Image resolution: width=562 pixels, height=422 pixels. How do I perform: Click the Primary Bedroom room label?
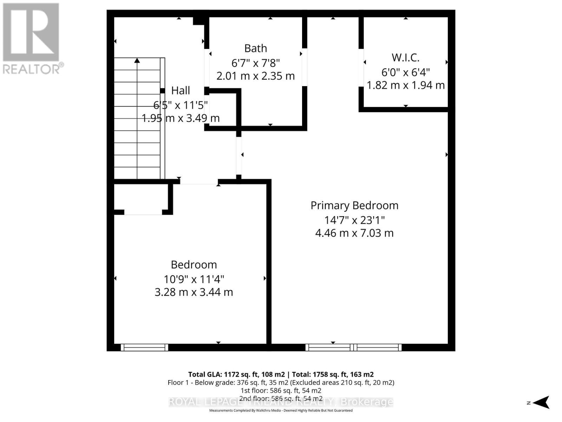[354, 205]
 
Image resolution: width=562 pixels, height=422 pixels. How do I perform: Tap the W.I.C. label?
[405, 57]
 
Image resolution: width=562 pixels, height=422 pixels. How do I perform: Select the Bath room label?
[255, 48]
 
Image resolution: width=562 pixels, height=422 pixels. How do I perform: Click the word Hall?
[181, 90]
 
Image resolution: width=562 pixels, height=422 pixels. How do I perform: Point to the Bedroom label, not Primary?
[194, 264]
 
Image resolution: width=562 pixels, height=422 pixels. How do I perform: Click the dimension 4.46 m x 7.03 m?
[354, 233]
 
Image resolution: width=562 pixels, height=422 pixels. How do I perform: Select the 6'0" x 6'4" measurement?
[405, 72]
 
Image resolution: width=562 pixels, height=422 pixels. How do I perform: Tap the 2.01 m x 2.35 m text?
[255, 76]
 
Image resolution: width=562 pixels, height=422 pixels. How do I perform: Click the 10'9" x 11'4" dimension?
[194, 279]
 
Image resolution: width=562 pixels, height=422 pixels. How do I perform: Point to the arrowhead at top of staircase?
[137, 60]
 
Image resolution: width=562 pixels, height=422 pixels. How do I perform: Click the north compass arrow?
[542, 402]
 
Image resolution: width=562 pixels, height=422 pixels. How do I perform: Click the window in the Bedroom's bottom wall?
[144, 347]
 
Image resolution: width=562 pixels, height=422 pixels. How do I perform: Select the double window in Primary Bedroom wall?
[353, 347]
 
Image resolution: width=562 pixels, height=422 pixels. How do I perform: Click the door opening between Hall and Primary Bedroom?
[239, 155]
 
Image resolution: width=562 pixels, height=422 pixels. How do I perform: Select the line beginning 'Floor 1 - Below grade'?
[281, 382]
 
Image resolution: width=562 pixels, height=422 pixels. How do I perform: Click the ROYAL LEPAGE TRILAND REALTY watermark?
[281, 402]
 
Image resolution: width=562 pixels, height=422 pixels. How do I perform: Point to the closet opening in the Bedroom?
[143, 212]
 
